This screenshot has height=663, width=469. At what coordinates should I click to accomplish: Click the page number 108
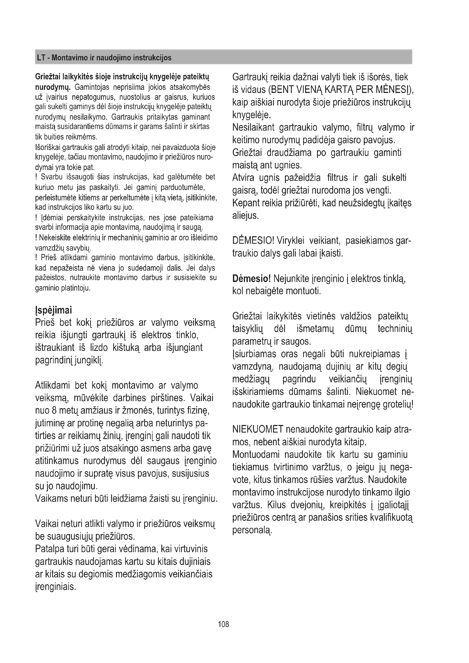pyautogui.click(x=223, y=624)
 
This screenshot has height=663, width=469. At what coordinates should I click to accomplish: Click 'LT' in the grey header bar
pyautogui.click(x=41, y=58)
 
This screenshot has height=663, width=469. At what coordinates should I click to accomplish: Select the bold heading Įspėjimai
pyautogui.click(x=53, y=310)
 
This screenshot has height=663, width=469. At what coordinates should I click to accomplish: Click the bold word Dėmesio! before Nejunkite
pyautogui.click(x=251, y=279)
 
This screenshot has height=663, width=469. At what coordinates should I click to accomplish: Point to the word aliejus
pyautogui.click(x=245, y=216)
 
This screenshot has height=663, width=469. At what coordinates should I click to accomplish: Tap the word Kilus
pyautogui.click(x=276, y=505)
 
